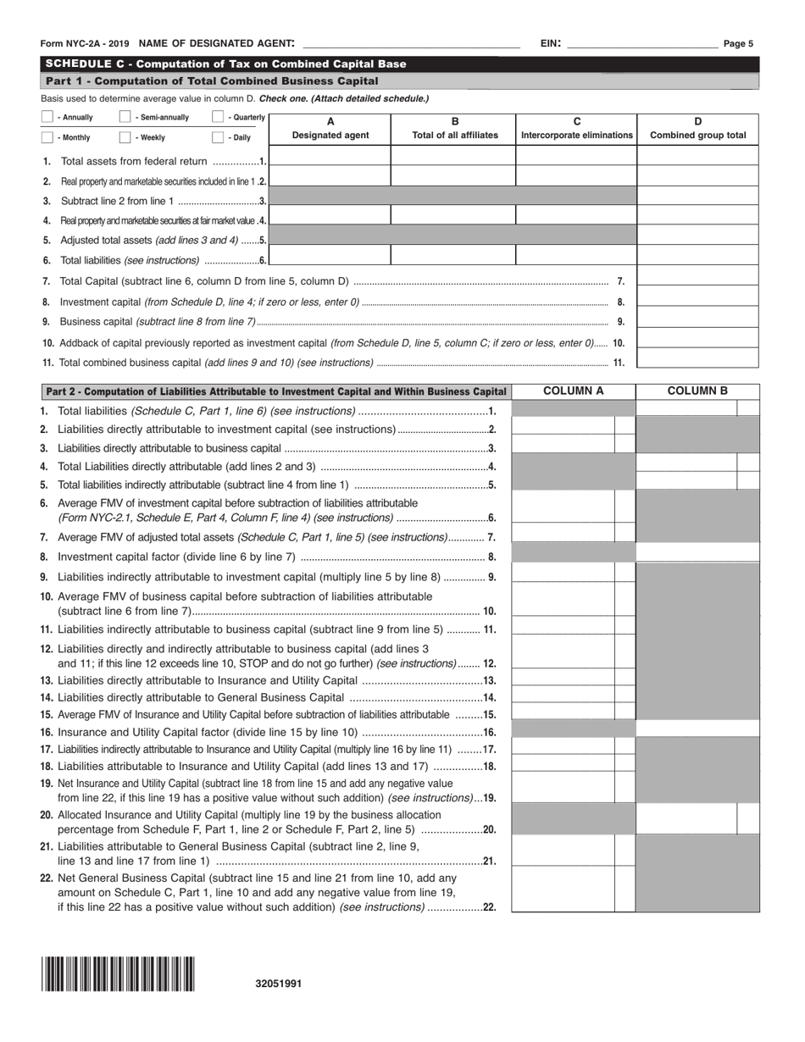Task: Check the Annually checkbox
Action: tap(47, 118)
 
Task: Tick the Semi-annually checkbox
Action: tap(125, 118)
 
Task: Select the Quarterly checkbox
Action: tap(218, 118)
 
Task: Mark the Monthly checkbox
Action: tap(47, 137)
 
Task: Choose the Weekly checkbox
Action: tap(125, 137)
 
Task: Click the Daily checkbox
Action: tap(218, 137)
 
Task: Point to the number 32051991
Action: tap(278, 984)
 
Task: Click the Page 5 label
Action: tap(738, 44)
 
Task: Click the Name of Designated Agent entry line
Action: tap(411, 43)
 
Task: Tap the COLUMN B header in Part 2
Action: tap(697, 391)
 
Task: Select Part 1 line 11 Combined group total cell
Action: tap(697, 358)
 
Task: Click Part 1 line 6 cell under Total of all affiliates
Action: tap(454, 255)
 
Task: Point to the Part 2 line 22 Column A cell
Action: tap(563, 888)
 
